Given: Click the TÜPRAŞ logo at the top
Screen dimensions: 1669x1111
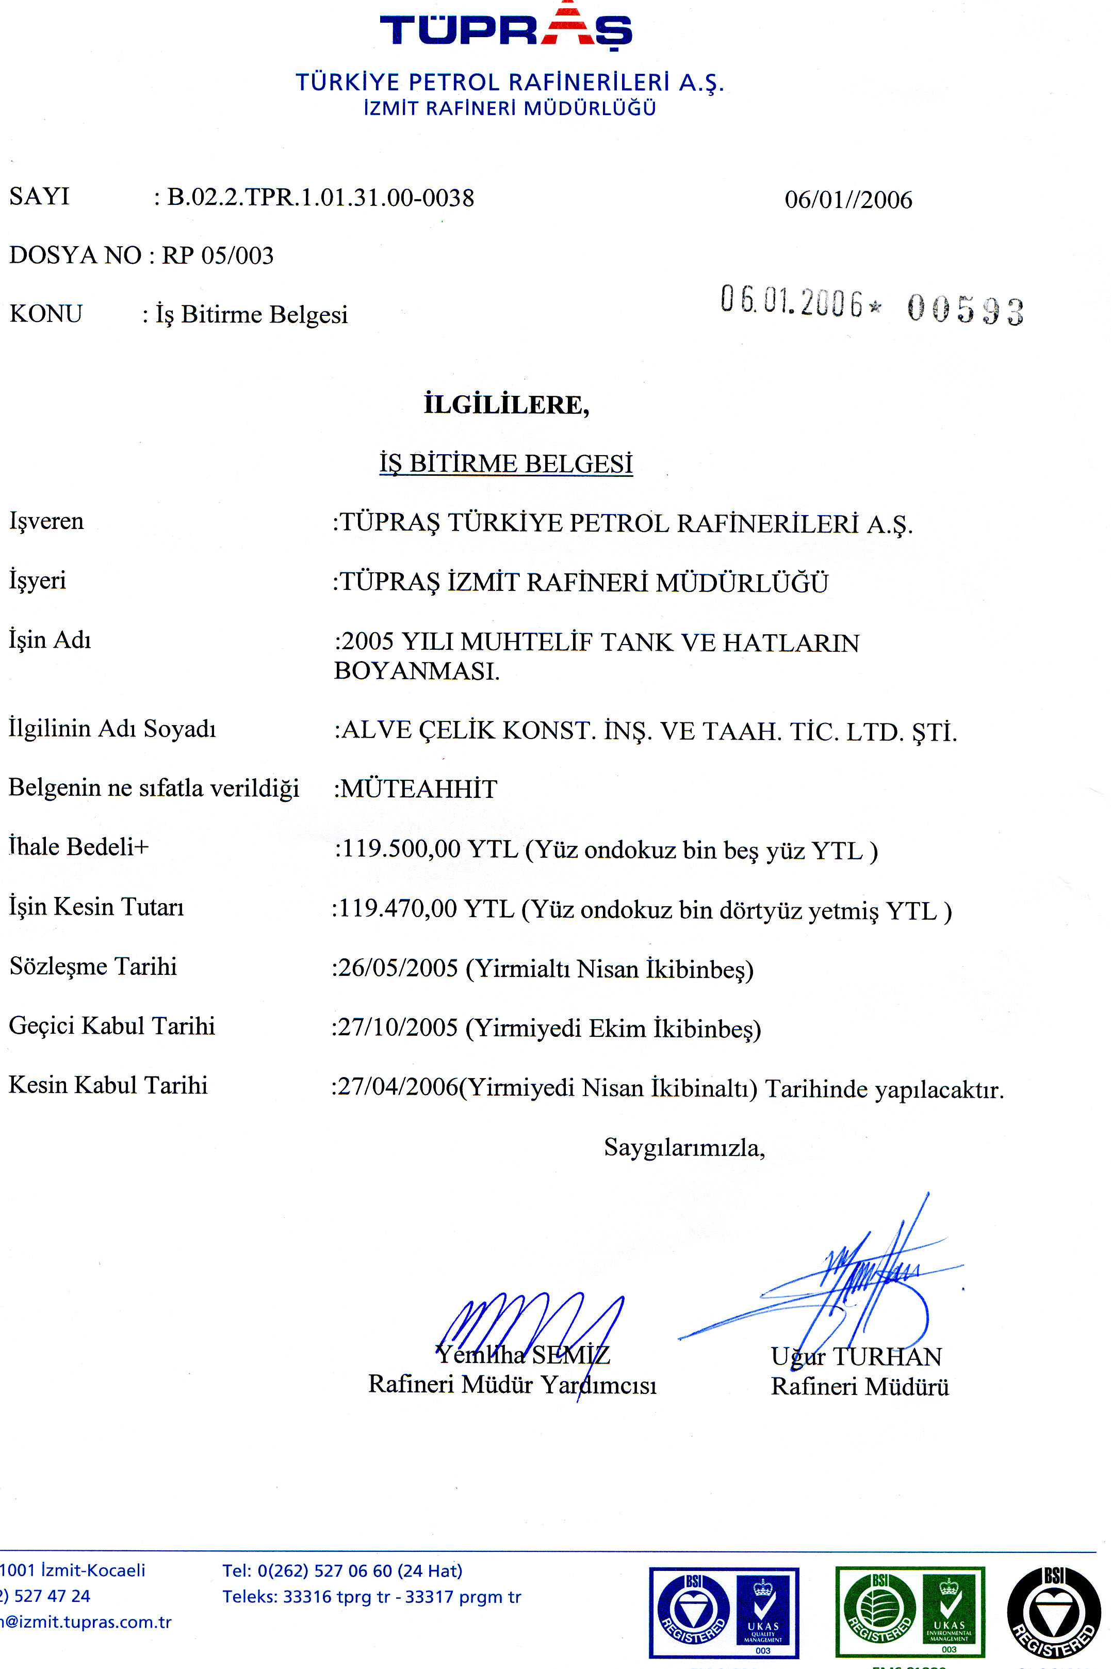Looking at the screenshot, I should tap(506, 28).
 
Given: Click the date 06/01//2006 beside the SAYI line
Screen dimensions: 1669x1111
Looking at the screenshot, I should tap(848, 200).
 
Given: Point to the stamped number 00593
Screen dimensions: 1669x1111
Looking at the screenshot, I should tap(965, 309).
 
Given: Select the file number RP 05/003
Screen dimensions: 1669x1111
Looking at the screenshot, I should tap(218, 255).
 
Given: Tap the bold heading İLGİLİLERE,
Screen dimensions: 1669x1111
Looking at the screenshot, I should tap(506, 405).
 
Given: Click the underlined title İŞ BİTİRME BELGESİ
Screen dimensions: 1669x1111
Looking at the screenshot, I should tap(506, 463).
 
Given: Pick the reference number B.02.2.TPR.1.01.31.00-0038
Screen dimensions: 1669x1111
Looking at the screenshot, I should tap(320, 197).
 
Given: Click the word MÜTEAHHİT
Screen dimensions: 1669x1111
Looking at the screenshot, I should tap(419, 789).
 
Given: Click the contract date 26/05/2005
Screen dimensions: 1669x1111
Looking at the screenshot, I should tap(398, 968).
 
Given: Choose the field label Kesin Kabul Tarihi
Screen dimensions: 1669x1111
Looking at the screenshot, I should tap(108, 1085).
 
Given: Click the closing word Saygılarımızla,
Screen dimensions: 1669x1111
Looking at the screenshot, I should tap(684, 1147).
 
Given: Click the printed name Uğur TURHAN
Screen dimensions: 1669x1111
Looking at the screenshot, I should tap(856, 1356).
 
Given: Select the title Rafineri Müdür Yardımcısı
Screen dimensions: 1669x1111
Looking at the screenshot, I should tap(512, 1384).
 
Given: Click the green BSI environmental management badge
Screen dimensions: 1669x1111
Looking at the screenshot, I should tap(910, 1612).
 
